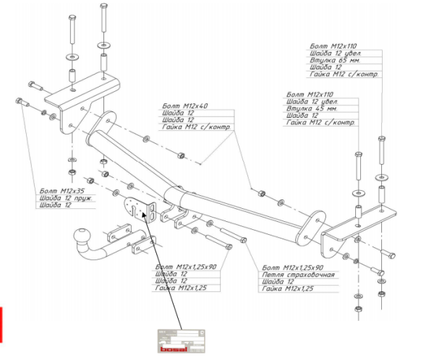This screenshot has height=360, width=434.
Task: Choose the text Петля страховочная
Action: tap(298, 275)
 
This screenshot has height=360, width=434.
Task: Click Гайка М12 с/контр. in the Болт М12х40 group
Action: tap(197, 128)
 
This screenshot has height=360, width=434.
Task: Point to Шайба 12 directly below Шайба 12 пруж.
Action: tap(56, 206)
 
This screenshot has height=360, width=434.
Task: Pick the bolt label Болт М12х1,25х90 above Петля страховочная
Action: tap(293, 267)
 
